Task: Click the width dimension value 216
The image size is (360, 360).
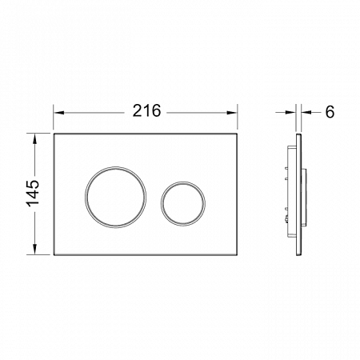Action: (147, 110)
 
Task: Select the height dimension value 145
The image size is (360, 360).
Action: (33, 194)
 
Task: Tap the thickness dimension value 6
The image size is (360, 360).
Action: (330, 112)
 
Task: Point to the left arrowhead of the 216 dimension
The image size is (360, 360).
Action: (59, 113)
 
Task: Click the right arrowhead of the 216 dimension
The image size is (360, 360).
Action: (232, 113)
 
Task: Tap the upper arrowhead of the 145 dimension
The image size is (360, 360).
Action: (34, 139)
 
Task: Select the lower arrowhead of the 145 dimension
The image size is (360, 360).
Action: (34, 249)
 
